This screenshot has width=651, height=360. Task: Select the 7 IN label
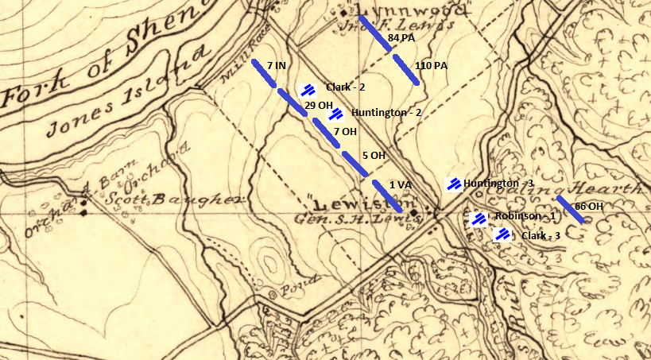pyautogui.click(x=277, y=64)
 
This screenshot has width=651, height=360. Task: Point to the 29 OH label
pyautogui.click(x=318, y=106)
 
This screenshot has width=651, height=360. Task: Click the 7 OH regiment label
pyautogui.click(x=345, y=131)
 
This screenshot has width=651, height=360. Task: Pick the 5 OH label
pyautogui.click(x=373, y=156)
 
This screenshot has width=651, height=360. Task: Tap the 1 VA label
pyautogui.click(x=400, y=184)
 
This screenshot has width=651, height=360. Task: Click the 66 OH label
pyautogui.click(x=588, y=207)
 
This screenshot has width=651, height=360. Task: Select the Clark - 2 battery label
pyautogui.click(x=345, y=87)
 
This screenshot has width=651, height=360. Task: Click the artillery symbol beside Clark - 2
pyautogui.click(x=307, y=90)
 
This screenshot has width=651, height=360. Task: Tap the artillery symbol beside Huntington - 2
pyautogui.click(x=336, y=114)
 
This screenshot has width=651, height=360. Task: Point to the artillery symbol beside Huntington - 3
pyautogui.click(x=454, y=184)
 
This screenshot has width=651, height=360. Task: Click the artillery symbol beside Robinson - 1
pyautogui.click(x=479, y=219)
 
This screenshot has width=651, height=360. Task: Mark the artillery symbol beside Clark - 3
pyautogui.click(x=502, y=234)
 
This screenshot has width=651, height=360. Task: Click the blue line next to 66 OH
pyautogui.click(x=570, y=208)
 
